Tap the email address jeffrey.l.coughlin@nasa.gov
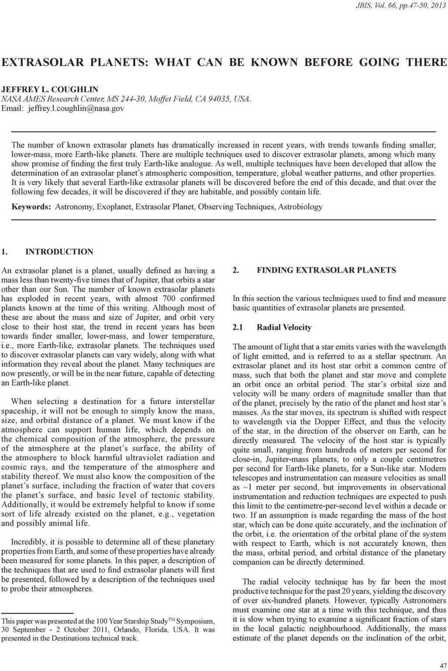(76, 108)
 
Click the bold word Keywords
(31, 206)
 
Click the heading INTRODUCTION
(59, 252)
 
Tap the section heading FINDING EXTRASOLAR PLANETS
(326, 270)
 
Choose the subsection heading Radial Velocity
(284, 327)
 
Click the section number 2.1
(238, 327)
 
